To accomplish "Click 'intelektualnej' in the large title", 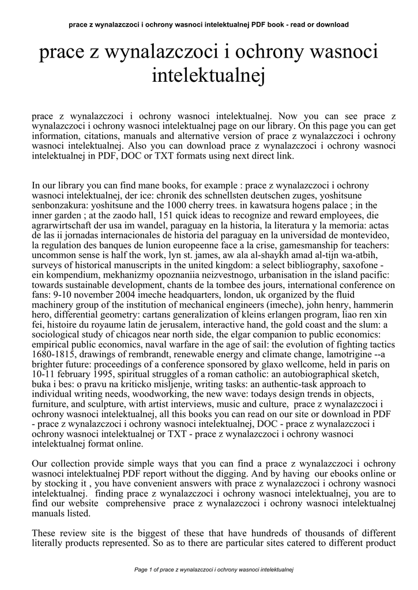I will tap(208, 75).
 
